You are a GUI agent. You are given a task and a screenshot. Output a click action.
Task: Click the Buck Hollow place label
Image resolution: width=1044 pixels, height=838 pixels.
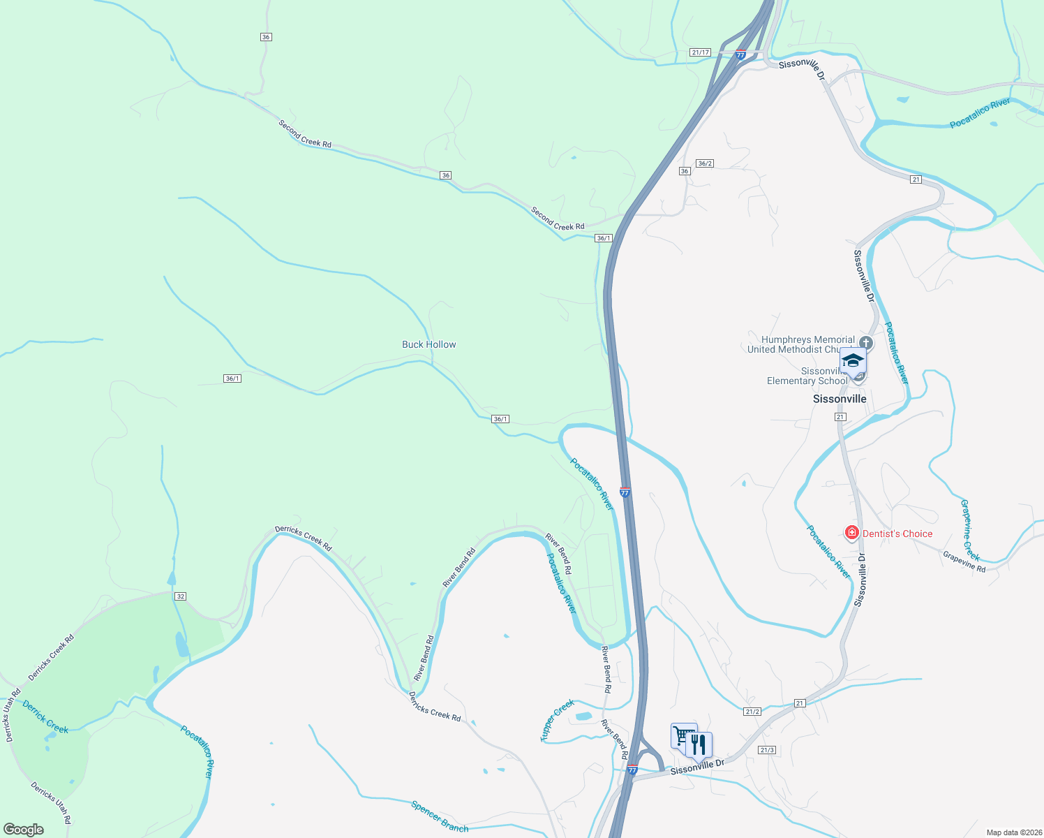(428, 344)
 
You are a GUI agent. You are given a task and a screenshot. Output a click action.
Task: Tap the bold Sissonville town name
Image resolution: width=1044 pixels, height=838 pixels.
(840, 399)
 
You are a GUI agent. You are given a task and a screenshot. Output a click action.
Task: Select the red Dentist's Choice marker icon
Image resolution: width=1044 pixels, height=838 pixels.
(851, 534)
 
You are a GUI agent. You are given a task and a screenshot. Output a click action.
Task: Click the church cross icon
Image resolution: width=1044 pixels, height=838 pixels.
(866, 342)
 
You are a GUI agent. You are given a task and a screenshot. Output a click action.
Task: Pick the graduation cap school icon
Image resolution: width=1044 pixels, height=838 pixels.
(853, 361)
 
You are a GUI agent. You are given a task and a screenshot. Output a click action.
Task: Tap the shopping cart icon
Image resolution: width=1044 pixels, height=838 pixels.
(683, 735)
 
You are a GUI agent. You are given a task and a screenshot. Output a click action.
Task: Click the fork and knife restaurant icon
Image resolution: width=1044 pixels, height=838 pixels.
(699, 745)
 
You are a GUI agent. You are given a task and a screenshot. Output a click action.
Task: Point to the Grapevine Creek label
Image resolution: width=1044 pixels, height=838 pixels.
(970, 530)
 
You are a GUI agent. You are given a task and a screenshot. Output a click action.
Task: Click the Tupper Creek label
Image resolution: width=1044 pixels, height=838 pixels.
(557, 720)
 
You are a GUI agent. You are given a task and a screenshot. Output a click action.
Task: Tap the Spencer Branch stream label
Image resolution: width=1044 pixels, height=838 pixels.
(440, 816)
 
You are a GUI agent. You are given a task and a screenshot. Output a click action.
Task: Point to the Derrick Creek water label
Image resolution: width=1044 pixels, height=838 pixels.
(45, 717)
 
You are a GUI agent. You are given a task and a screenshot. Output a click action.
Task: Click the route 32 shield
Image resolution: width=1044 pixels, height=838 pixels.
(181, 596)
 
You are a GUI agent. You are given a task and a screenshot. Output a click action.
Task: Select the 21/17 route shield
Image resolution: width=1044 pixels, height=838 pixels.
(700, 52)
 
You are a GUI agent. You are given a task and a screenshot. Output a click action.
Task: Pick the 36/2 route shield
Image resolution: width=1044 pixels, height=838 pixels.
(705, 163)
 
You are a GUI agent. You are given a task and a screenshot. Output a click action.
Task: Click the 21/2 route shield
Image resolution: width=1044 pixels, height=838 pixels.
(752, 712)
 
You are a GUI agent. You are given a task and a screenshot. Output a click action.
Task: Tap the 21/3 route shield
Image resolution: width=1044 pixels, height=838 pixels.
(767, 750)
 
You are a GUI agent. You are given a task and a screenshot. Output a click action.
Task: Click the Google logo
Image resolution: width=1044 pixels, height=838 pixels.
(24, 830)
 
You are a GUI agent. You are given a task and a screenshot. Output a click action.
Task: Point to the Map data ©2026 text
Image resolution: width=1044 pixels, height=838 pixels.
(1012, 832)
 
